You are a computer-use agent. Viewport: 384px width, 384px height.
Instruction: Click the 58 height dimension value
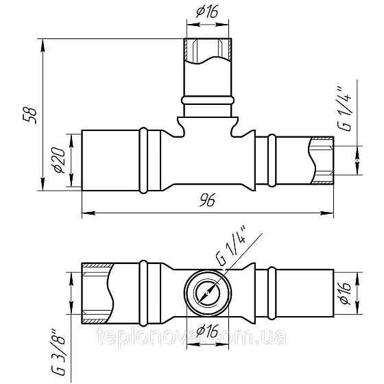[28, 115]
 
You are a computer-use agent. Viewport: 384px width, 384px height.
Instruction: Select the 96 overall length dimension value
[208, 201]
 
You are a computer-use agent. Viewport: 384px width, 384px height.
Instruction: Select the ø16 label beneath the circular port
[205, 331]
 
